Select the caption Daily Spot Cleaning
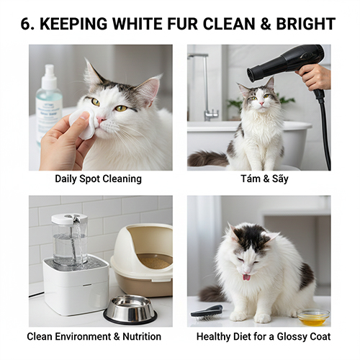pyautogui.click(x=98, y=179)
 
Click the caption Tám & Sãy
pyautogui.click(x=258, y=179)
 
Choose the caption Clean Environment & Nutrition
pyautogui.click(x=94, y=336)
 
